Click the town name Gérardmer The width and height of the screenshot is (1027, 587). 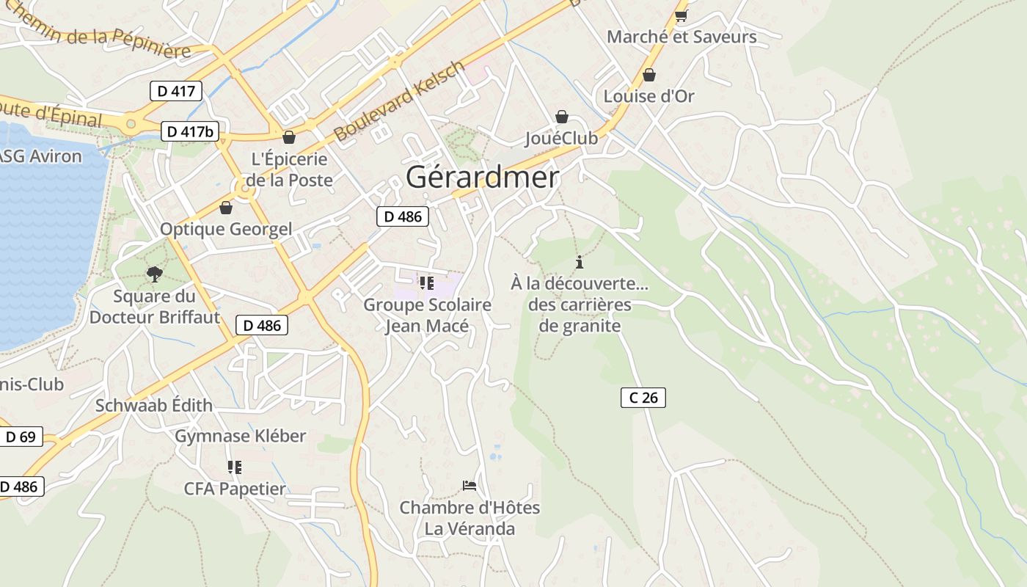(482, 178)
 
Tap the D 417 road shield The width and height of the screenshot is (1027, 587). (175, 91)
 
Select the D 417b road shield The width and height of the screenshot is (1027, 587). (190, 131)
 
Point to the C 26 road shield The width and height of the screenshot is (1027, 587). (643, 398)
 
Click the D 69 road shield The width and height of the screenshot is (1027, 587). (21, 437)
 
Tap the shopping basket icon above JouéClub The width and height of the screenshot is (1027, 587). (562, 117)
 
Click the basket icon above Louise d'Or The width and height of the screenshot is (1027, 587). (648, 75)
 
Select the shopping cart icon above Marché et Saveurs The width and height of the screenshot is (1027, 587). (681, 15)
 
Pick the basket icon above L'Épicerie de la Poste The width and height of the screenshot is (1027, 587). (289, 137)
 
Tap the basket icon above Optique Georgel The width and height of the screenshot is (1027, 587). (226, 208)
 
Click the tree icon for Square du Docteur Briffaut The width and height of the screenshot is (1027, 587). (154, 274)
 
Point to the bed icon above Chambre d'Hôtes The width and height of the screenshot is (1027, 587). (469, 486)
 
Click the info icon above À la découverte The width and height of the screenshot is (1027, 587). (580, 262)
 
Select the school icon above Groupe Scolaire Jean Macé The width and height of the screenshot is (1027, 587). (427, 282)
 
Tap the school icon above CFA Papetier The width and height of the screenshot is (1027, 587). (235, 467)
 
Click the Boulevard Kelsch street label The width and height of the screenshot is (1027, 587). (399, 101)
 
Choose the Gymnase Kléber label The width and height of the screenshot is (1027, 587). (240, 436)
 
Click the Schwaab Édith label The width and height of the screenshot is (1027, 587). (154, 405)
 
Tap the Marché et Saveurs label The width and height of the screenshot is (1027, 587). (681, 37)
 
